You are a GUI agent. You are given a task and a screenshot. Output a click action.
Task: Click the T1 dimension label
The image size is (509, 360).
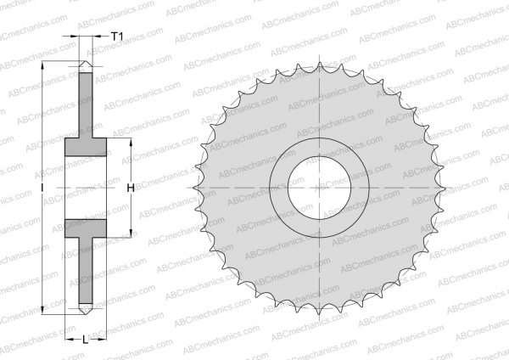pos(118,37)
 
